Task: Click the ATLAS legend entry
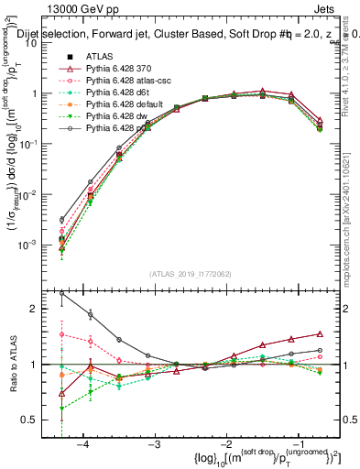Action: (100, 56)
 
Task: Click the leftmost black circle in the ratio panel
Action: (61, 294)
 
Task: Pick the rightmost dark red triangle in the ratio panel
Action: (320, 334)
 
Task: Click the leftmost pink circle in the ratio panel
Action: (61, 335)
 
